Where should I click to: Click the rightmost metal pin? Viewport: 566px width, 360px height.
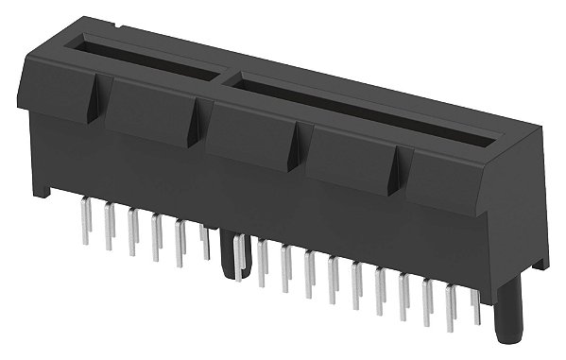pyautogui.click(x=475, y=303)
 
